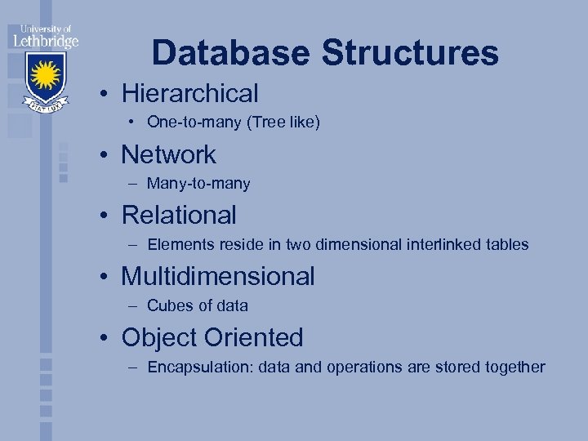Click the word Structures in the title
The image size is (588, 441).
pyautogui.click(x=410, y=53)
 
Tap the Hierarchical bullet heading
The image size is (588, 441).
pyautogui.click(x=189, y=93)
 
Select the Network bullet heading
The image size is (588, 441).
pyautogui.click(x=168, y=154)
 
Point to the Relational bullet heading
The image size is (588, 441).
pyautogui.click(x=179, y=215)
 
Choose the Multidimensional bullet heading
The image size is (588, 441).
pyautogui.click(x=217, y=276)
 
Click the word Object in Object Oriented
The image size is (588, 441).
pyautogui.click(x=159, y=337)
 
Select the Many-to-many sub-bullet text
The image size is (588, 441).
pyautogui.click(x=198, y=184)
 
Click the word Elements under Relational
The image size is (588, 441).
pyautogui.click(x=179, y=244)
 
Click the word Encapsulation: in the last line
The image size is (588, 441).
pyautogui.click(x=200, y=367)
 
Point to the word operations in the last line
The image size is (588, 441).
pyautogui.click(x=361, y=367)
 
